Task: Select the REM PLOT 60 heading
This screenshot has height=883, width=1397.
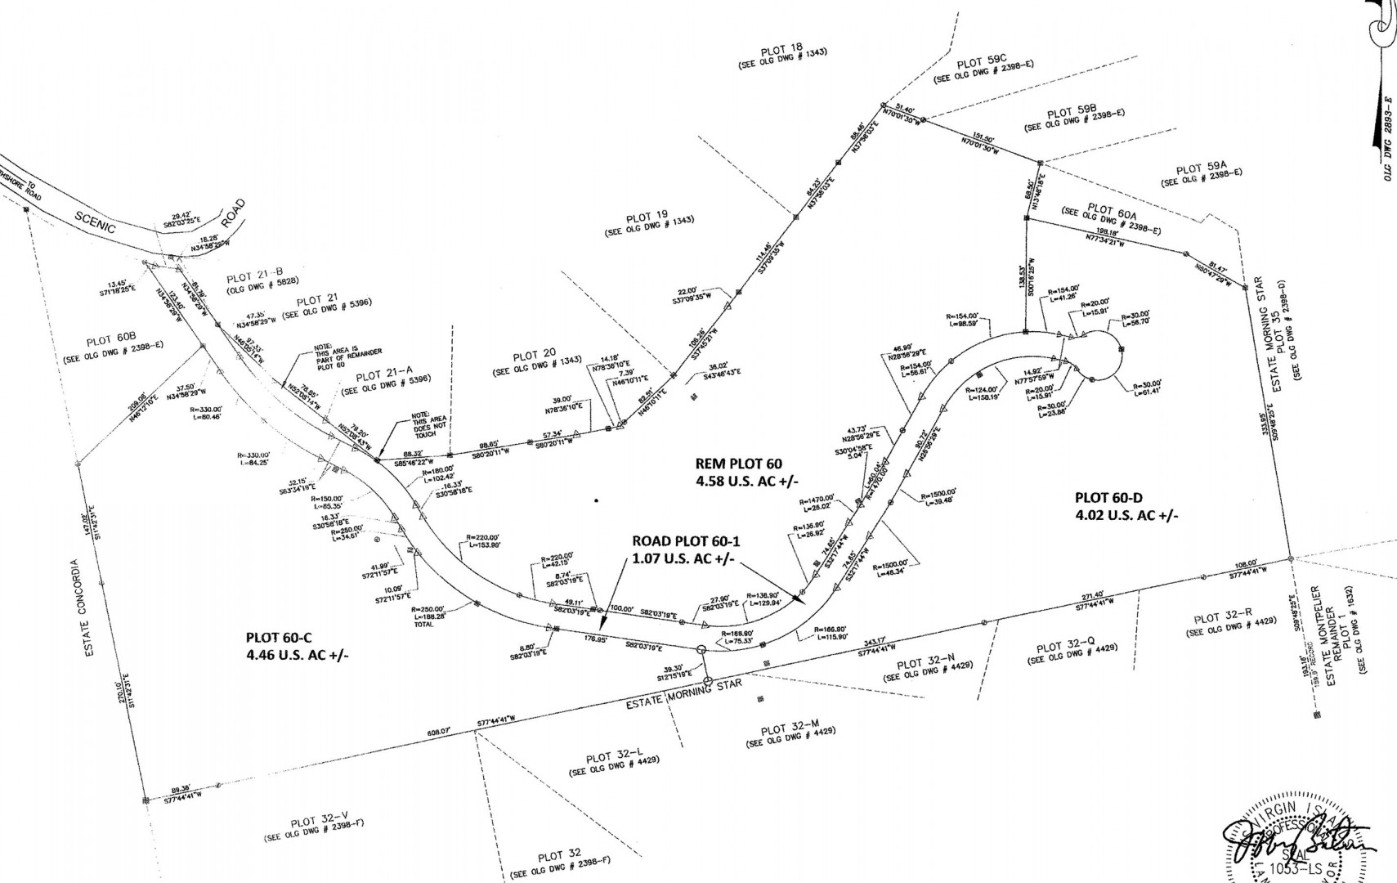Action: coord(738,464)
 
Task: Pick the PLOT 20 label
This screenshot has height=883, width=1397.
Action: coord(535,356)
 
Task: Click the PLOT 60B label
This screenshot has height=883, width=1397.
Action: coord(110,341)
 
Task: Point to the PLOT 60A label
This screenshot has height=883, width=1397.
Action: coord(1112,211)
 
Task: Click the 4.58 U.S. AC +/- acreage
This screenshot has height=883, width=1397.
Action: coord(738,481)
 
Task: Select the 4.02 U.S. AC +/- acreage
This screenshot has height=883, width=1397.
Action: coord(1126,515)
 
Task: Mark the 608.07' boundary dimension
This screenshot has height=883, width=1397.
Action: coord(439,733)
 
